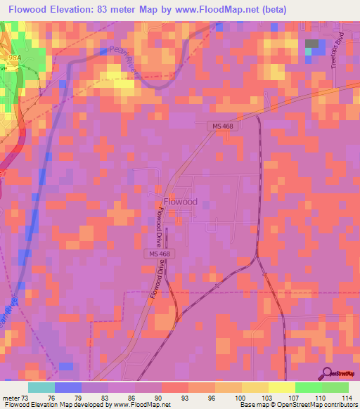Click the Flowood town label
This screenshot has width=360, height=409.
180,202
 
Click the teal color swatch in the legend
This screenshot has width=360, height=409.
41,387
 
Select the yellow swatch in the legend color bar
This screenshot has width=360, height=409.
281,387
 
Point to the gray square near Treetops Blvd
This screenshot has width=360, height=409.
311,44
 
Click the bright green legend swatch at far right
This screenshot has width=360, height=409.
335,387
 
